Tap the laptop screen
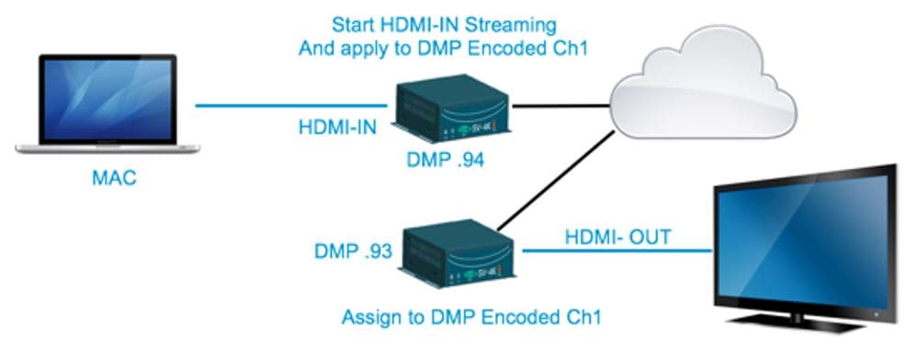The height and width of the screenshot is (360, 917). pos(107,101)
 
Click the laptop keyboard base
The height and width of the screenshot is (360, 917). pos(107,147)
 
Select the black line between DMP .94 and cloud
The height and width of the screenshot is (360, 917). pos(560,107)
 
